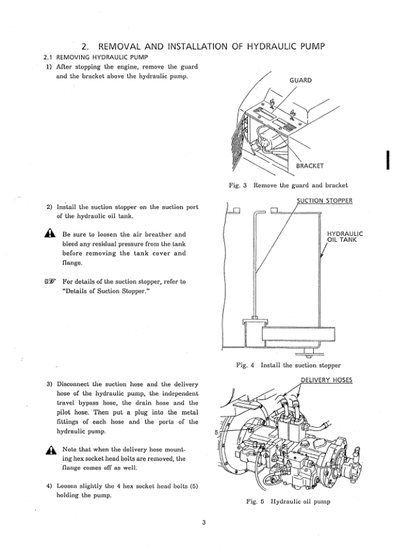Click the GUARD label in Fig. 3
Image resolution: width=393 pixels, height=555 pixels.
click(301, 80)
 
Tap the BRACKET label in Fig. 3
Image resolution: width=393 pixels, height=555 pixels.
click(310, 165)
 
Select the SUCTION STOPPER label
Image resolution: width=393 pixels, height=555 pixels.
click(324, 200)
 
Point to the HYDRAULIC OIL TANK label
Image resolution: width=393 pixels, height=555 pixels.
click(345, 237)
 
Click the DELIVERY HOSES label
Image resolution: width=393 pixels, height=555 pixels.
click(326, 380)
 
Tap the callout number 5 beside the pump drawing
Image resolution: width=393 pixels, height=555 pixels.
click(216, 432)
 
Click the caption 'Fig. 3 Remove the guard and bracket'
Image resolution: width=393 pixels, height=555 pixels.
click(289, 185)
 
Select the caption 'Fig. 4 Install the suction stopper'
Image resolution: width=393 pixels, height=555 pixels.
click(288, 365)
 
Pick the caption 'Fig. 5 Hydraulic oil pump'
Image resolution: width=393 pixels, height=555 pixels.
click(288, 501)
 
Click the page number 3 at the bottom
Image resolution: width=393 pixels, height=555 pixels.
click(204, 523)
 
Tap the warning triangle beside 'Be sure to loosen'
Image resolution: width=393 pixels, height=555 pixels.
click(50, 233)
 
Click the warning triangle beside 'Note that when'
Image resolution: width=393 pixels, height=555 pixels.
click(51, 450)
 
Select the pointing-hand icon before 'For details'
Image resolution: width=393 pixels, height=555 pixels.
click(50, 281)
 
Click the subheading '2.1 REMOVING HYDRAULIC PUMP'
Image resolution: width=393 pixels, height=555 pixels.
click(96, 57)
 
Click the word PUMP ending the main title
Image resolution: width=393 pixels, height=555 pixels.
click(313, 46)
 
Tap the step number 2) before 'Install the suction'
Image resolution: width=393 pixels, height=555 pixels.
click(49, 207)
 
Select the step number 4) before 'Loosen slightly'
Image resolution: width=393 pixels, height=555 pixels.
click(49, 486)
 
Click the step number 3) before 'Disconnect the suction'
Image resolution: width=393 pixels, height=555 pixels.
click(49, 384)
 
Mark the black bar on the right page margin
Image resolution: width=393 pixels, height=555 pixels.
click(388, 161)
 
